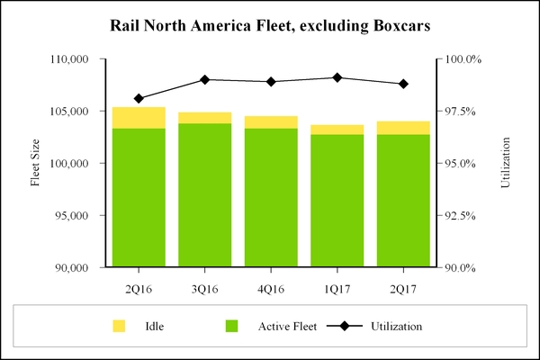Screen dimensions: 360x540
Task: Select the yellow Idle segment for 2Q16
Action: tap(139, 118)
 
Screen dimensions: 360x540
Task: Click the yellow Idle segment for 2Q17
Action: tap(403, 128)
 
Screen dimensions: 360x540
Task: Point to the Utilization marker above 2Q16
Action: tap(139, 98)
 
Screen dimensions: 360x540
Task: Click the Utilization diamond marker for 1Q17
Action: tap(337, 77)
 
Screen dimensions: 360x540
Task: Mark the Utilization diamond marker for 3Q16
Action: tap(204, 79)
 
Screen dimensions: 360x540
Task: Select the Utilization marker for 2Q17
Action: tap(403, 84)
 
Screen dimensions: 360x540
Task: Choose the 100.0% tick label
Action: tap(461, 59)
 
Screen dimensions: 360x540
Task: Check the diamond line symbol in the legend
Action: tap(344, 326)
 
